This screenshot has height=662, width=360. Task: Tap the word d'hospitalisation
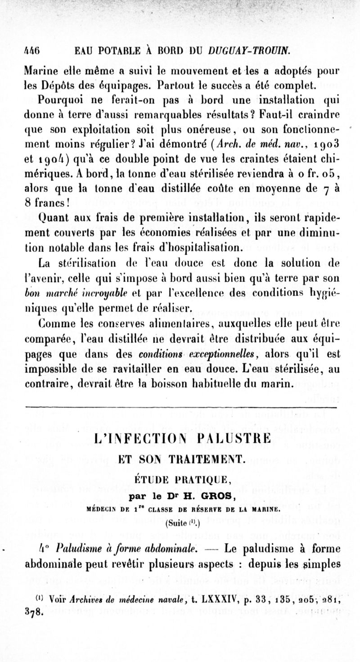[207, 248]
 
